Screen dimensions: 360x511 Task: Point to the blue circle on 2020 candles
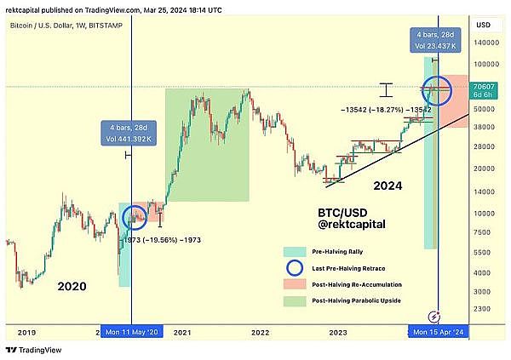pyautogui.click(x=135, y=217)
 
